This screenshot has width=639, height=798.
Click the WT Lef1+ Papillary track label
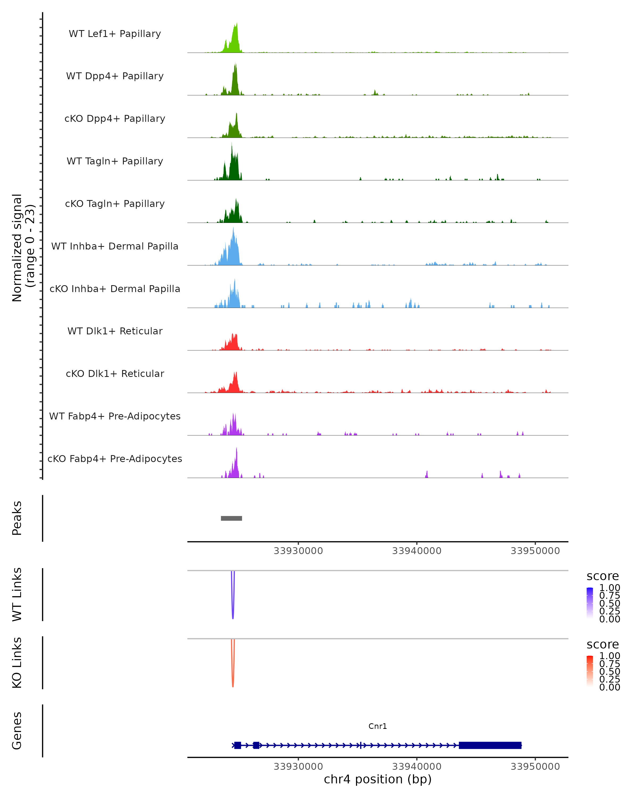[x=115, y=34]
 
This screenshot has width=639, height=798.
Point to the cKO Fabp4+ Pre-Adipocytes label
[x=115, y=459]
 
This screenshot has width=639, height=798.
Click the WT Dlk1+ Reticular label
[x=115, y=331]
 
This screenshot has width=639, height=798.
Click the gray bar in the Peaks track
[x=232, y=518]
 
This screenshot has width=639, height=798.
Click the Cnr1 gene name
[x=378, y=726]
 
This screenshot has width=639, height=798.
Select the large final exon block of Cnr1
[x=490, y=745]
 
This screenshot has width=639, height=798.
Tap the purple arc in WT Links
[x=233, y=607]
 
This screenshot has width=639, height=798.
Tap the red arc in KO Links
[x=233, y=675]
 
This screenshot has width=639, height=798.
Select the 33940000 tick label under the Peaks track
[x=417, y=551]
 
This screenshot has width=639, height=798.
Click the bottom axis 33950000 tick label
[x=535, y=767]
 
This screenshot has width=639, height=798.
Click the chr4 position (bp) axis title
[x=378, y=779]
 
